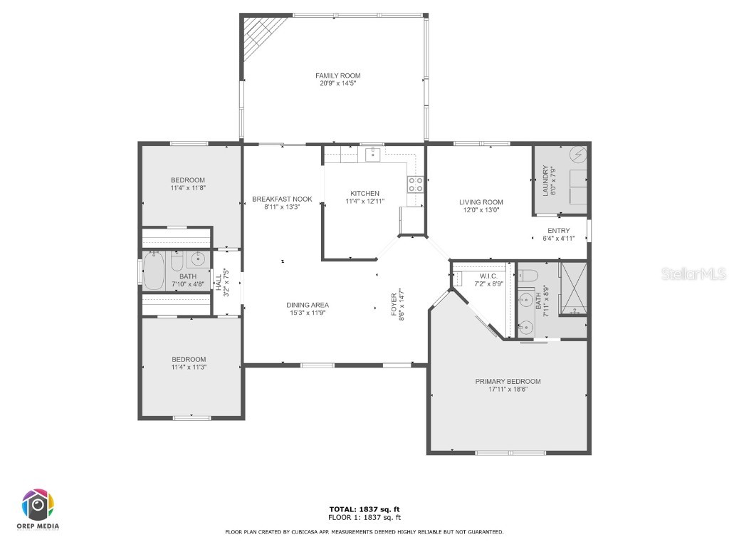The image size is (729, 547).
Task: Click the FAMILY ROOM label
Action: [338, 75]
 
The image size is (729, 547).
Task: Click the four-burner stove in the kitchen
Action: [415, 184]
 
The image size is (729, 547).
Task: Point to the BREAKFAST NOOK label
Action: [282, 199]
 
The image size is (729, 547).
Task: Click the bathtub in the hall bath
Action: [154, 271]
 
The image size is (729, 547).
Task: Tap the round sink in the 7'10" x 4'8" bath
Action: [197, 259]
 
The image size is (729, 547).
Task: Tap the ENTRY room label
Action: [558, 230]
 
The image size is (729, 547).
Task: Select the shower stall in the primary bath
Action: [573, 288]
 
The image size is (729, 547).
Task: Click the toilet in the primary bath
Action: [528, 275]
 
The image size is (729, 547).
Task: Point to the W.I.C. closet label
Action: [488, 275]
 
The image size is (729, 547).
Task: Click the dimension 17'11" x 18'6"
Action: [508, 390]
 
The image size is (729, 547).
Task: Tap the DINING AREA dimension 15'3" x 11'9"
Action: [308, 313]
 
